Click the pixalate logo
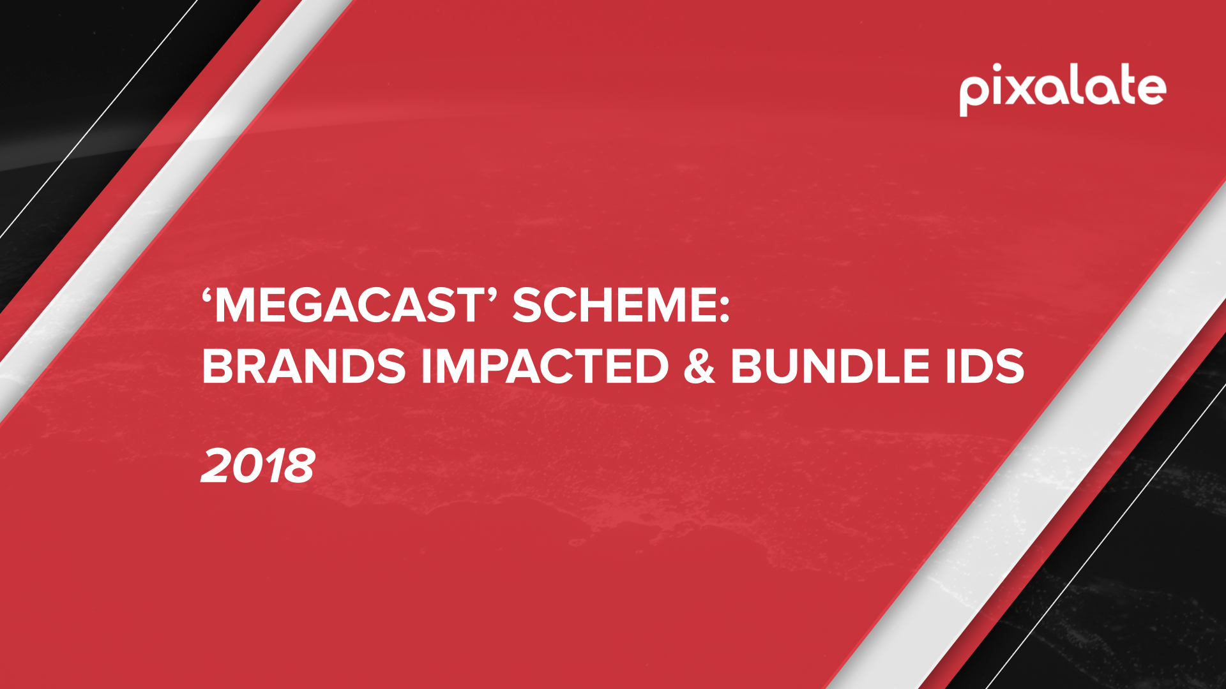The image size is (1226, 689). pos(1063,90)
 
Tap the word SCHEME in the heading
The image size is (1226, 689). pos(614,306)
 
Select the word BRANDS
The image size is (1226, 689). pos(304,366)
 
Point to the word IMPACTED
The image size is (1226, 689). pos(545,366)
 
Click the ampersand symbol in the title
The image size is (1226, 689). pos(699,366)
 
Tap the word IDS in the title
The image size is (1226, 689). pos(985,366)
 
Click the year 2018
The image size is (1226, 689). pos(258,466)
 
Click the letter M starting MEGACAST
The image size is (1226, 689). pos(232,306)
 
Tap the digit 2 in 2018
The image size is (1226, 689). pos(215,466)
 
